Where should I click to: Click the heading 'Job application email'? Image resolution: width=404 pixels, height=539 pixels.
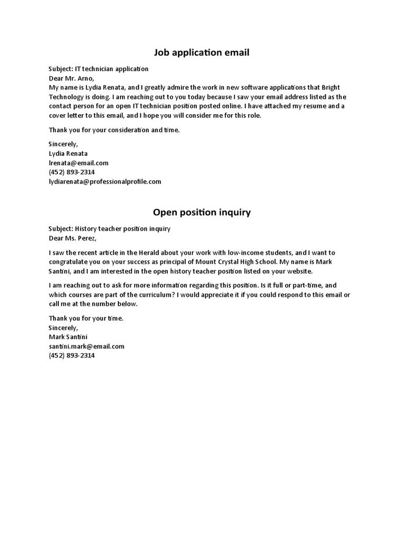tap(201, 53)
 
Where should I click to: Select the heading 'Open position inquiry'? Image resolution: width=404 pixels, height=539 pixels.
tap(201, 213)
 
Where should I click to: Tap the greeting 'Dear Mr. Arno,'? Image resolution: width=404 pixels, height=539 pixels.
tap(71, 78)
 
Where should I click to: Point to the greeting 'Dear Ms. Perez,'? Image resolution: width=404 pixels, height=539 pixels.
tap(73, 238)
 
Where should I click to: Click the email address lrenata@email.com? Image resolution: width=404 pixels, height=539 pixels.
tap(78, 163)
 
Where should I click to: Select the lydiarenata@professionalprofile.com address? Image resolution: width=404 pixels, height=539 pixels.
tap(105, 182)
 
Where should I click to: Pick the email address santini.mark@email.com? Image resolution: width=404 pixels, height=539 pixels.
tap(86, 346)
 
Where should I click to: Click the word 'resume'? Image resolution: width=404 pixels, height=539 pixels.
tap(307, 106)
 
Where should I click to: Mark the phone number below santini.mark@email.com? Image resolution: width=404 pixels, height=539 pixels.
tap(72, 356)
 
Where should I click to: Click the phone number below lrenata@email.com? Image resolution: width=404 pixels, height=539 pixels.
tap(72, 172)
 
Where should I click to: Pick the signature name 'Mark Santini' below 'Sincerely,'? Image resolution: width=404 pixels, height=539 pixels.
tap(68, 337)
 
